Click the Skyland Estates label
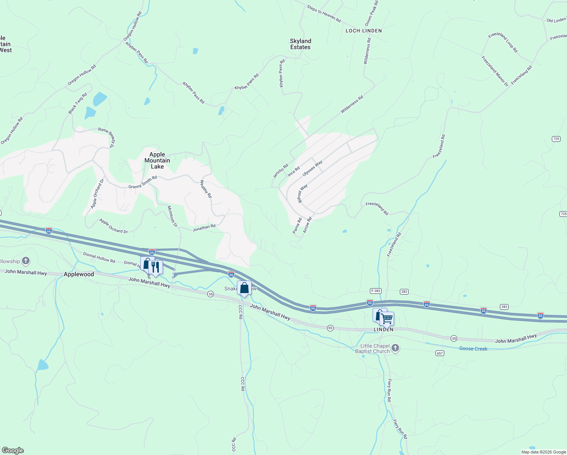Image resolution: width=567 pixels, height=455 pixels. point(300,44)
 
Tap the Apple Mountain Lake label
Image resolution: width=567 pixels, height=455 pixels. point(157,160)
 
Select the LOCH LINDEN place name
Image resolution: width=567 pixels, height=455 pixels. point(363,31)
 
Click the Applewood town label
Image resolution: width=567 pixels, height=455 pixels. point(79,274)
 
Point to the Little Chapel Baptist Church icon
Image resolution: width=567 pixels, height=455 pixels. point(395,348)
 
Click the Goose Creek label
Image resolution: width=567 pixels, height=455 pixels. point(473,348)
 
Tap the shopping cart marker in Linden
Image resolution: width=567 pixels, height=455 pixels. point(387,319)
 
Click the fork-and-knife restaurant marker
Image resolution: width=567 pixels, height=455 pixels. point(155,267)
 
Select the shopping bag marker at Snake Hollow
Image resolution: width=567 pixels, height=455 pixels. point(244,288)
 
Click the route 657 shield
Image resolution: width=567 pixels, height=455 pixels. point(439,353)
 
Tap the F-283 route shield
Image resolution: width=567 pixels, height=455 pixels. point(375,291)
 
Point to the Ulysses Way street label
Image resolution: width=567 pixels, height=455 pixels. point(312,168)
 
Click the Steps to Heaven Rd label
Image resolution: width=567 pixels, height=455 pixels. point(324,14)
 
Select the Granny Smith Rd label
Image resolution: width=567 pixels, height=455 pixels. point(143,182)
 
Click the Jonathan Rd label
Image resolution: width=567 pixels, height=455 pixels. point(204,228)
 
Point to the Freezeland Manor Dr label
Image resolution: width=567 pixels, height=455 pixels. point(495,71)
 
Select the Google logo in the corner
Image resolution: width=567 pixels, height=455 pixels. point(13,450)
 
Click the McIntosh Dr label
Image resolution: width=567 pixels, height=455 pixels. point(172,217)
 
